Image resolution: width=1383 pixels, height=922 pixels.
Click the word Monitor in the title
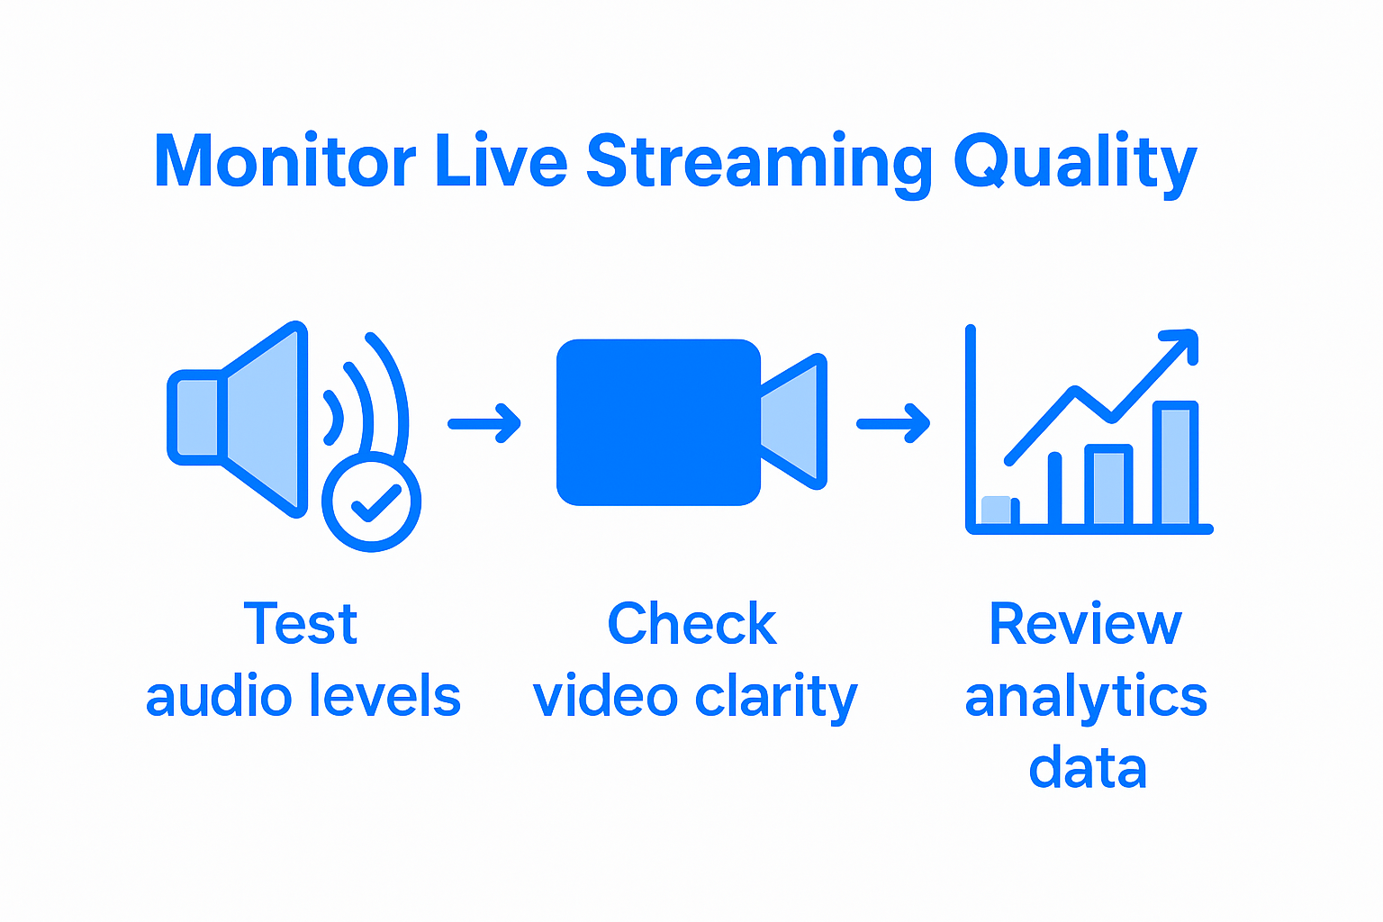click(284, 162)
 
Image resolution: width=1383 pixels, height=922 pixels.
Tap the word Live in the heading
click(501, 162)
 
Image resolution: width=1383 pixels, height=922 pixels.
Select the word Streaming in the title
click(759, 162)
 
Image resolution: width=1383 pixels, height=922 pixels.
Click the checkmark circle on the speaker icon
click(372, 502)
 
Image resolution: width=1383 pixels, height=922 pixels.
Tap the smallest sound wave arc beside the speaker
click(335, 418)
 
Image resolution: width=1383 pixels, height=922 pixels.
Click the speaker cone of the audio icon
click(263, 420)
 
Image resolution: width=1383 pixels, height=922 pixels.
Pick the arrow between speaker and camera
click(484, 423)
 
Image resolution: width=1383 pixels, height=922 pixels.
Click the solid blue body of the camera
click(658, 421)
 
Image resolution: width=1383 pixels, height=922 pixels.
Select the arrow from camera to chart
click(892, 423)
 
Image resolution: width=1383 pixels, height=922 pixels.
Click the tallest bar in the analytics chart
click(1175, 464)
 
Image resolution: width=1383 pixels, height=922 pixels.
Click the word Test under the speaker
click(301, 624)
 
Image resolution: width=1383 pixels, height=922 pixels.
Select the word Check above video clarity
click(691, 624)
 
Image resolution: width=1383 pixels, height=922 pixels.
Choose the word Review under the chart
click(1085, 624)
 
